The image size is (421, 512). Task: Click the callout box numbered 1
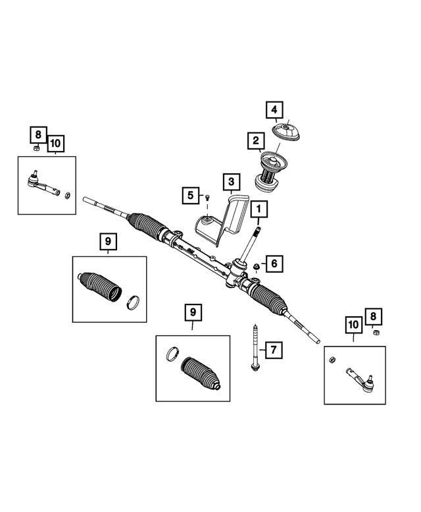pyautogui.click(x=259, y=210)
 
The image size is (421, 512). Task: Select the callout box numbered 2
pyautogui.click(x=254, y=140)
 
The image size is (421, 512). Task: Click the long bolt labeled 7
pyautogui.click(x=253, y=347)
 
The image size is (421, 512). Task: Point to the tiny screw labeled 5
pyautogui.click(x=207, y=196)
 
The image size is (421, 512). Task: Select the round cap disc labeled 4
pyautogui.click(x=287, y=132)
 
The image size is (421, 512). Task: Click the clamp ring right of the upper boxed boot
pyautogui.click(x=133, y=302)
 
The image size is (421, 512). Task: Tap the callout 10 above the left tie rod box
pyautogui.click(x=55, y=142)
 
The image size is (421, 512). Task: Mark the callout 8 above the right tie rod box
pyautogui.click(x=372, y=318)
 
